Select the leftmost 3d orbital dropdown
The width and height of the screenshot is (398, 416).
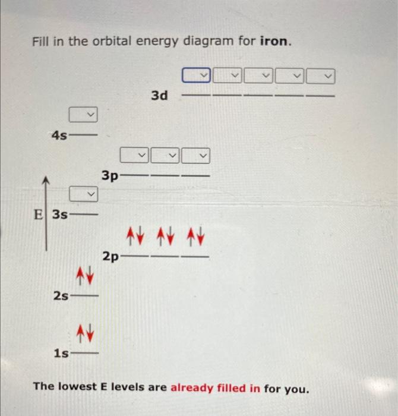197,75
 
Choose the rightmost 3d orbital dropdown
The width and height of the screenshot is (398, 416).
321,75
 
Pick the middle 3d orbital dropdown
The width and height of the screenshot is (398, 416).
259,75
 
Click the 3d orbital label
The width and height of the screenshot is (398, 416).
159,95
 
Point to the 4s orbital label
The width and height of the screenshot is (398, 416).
59,135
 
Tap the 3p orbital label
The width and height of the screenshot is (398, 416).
110,176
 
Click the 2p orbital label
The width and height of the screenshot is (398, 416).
110,257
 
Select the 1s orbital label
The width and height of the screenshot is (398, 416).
60,354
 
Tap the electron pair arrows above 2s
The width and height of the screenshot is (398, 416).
84,275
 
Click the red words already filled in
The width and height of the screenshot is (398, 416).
216,388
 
